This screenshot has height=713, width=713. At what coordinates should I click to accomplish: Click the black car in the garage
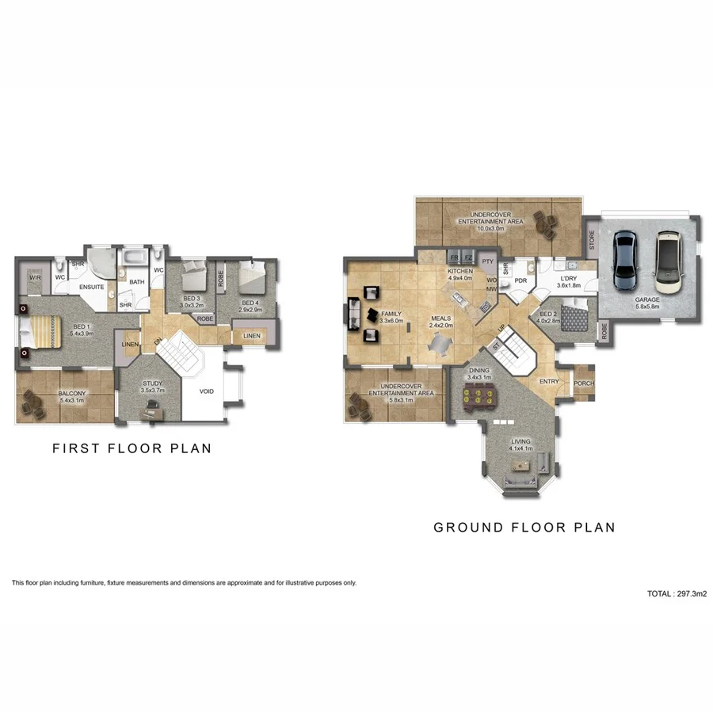tap(625, 260)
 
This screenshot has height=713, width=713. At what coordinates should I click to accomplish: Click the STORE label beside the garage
tap(591, 240)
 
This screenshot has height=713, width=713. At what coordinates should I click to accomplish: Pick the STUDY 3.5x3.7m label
tap(152, 387)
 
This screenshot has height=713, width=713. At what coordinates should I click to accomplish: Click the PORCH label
tap(584, 383)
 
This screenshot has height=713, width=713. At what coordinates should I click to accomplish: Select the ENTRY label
tap(549, 382)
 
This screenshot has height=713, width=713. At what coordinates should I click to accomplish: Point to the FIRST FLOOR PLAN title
tap(132, 448)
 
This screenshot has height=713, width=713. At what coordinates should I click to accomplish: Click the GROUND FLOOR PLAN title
tap(524, 527)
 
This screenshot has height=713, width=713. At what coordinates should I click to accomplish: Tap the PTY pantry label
tap(487, 261)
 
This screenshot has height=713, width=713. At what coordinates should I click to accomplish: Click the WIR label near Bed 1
tap(35, 278)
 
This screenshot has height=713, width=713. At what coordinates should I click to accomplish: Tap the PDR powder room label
tap(520, 280)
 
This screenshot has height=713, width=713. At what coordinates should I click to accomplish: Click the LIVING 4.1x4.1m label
tap(520, 445)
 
